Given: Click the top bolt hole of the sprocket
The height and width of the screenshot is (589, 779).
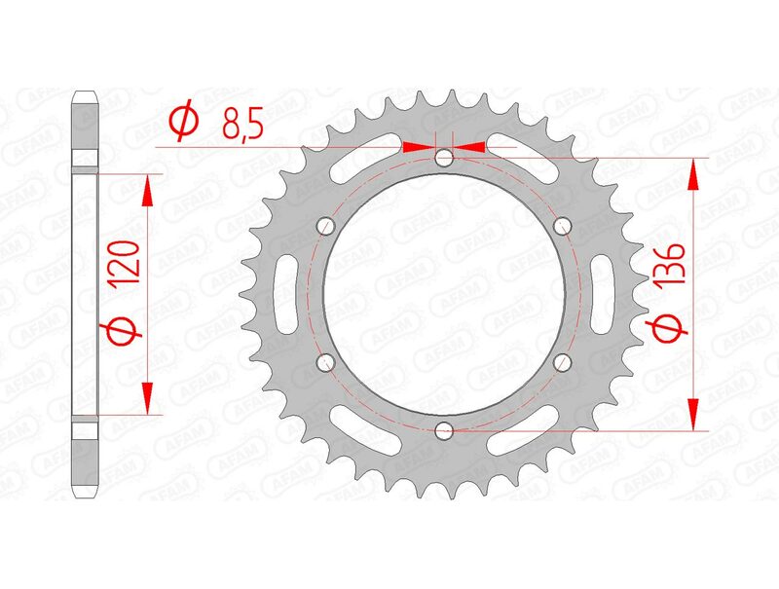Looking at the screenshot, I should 444,158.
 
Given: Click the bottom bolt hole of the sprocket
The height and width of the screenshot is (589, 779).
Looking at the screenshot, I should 444,428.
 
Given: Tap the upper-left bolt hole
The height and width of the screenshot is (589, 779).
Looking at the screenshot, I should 326,226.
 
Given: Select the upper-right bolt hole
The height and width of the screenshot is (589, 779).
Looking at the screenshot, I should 562,226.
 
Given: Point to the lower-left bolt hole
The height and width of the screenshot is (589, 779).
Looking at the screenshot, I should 326,362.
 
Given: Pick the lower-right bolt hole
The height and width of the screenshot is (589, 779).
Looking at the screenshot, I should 562,362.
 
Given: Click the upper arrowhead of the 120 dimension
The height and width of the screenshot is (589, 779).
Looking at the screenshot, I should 147,191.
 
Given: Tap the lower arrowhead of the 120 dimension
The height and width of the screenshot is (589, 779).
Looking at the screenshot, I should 147,397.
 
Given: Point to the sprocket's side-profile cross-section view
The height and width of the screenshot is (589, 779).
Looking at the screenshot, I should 86,294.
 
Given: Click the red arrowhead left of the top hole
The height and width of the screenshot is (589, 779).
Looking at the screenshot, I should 416,148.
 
